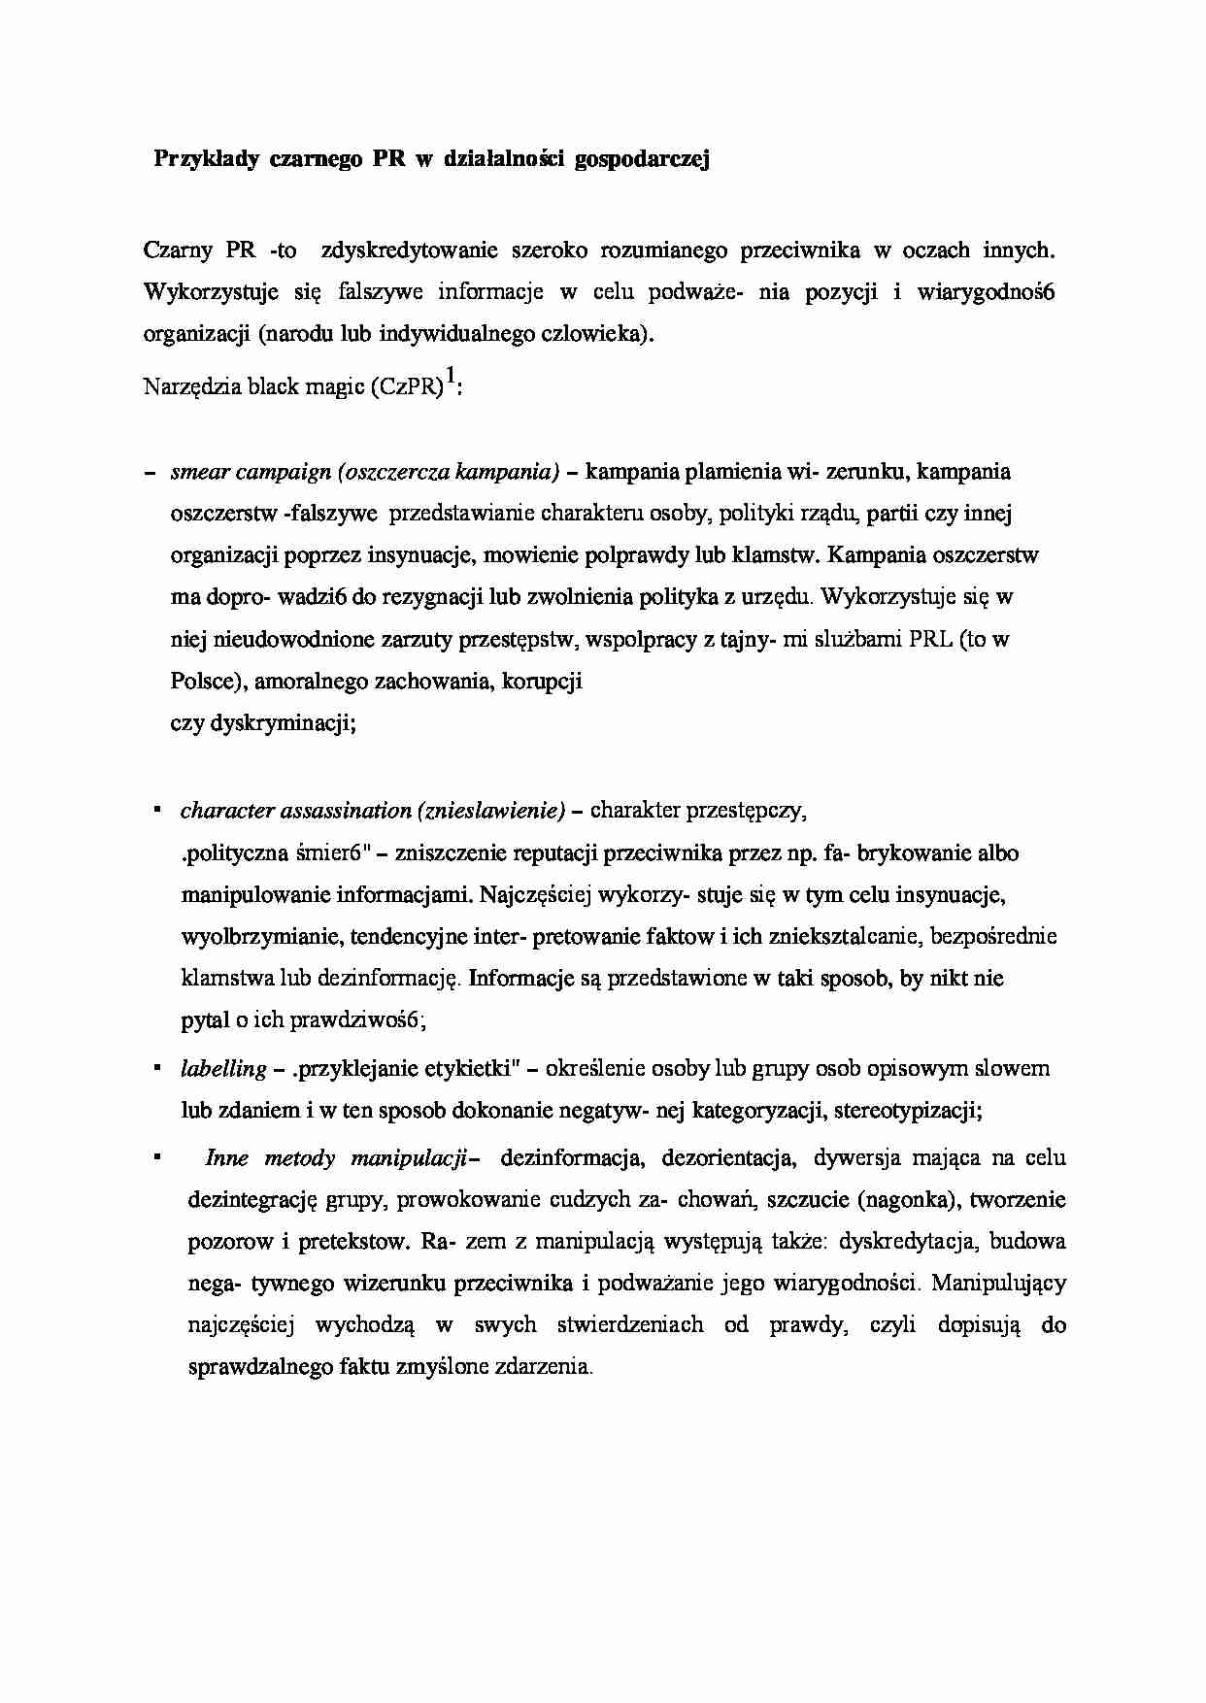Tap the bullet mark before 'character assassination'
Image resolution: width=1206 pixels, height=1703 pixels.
[x=155, y=808]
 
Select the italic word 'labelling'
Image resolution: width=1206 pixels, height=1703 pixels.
[x=223, y=1069]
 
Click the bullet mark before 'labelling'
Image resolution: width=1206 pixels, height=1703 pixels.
[x=155, y=1067]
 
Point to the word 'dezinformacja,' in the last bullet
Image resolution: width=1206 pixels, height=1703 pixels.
[x=570, y=1158]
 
